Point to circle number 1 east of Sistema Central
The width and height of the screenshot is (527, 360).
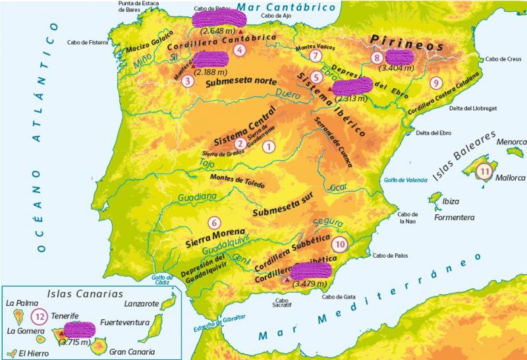(268, 146)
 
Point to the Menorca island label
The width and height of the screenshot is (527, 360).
(511, 141)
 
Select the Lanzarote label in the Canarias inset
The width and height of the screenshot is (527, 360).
(142, 304)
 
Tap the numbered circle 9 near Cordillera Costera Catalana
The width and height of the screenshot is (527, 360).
(435, 83)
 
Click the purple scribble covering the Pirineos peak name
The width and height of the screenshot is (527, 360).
(399, 57)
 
